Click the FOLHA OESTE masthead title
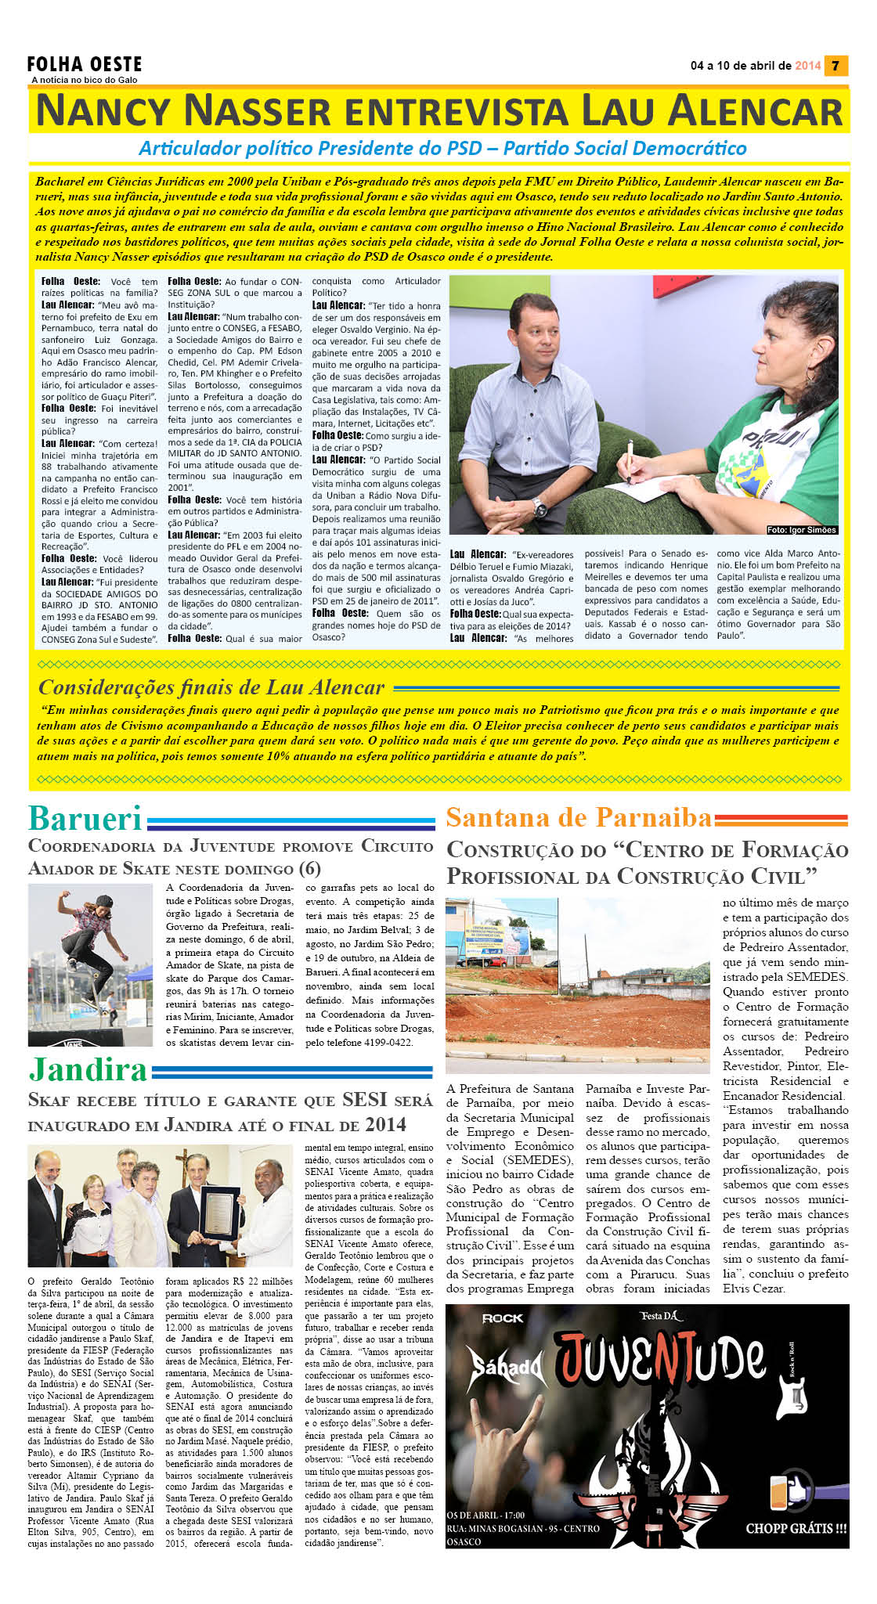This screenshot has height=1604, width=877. coord(85,64)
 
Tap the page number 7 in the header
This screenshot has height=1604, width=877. coord(835,66)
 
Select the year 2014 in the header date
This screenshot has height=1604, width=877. coord(807,66)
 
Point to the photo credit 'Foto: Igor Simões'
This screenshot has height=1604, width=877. coord(801,530)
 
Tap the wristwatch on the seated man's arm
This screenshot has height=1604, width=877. coord(540,508)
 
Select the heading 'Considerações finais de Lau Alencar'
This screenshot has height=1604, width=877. coord(211,687)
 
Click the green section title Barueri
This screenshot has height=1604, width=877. coord(85,818)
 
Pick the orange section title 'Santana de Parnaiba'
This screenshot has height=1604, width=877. coord(579,818)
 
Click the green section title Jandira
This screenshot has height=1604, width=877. coord(88,1069)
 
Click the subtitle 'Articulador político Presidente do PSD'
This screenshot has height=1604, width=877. coord(442,148)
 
